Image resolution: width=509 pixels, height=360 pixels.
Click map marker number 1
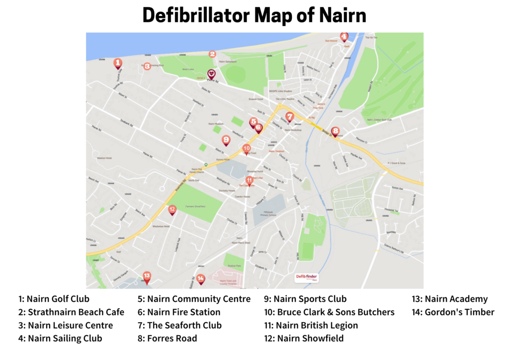118,63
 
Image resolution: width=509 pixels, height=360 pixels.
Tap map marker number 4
344,37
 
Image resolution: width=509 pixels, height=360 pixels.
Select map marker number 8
336,132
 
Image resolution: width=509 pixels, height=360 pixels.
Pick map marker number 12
172,210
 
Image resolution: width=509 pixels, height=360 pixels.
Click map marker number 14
201,278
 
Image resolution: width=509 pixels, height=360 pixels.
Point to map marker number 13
147,276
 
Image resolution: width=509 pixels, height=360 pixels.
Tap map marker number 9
226,140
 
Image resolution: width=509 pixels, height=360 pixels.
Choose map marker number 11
250,180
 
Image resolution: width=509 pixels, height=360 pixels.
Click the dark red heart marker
211,74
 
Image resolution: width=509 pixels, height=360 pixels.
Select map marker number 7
290,116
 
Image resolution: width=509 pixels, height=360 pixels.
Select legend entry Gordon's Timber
453,312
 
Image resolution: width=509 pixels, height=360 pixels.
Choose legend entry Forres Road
167,339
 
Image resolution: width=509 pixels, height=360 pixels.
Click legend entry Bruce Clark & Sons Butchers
329,312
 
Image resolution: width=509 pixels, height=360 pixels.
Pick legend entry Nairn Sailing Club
60,339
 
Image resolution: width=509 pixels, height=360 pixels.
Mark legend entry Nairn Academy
449,299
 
